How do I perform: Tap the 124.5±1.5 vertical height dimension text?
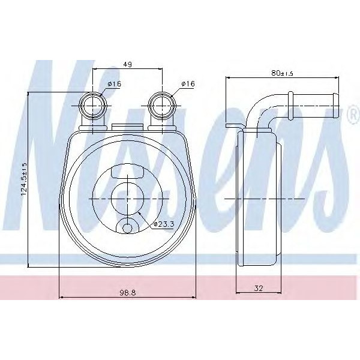(x=24, y=179)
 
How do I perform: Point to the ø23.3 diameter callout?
(x=164, y=224)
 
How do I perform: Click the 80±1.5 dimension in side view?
(x=281, y=73)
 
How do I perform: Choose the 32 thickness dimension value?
(x=259, y=289)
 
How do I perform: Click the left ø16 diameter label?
(x=114, y=84)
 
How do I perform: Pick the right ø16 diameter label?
(x=187, y=84)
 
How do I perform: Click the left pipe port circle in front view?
(x=94, y=106)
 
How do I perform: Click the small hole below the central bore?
(x=128, y=228)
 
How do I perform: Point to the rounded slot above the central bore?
(x=128, y=173)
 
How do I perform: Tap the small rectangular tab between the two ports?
(x=128, y=127)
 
